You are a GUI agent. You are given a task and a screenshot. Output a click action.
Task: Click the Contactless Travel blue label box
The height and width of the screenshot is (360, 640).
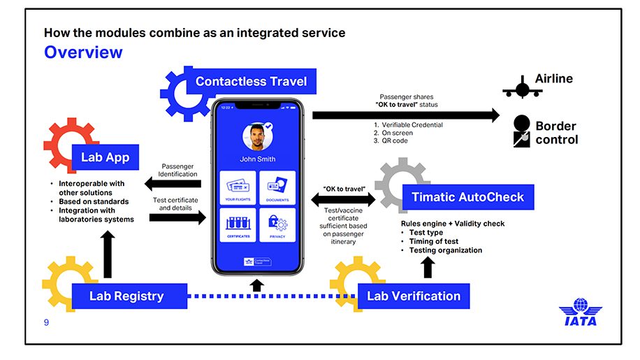coord(251,81)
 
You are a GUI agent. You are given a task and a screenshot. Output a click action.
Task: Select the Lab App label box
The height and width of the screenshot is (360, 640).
coord(105,157)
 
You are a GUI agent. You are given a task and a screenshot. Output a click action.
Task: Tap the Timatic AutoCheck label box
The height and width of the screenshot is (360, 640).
coord(467,197)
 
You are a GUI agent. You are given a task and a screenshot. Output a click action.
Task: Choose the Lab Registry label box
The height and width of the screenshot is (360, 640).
coord(126,296)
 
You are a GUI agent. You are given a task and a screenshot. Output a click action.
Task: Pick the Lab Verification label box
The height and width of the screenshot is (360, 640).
coord(414,296)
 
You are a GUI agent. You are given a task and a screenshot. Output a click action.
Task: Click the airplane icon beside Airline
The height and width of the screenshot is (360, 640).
coord(522,87)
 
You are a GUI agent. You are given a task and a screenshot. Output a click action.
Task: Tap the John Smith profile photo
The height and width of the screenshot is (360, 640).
coord(256,138)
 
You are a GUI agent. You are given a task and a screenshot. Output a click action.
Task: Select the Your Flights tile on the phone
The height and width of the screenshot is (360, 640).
coord(238,188)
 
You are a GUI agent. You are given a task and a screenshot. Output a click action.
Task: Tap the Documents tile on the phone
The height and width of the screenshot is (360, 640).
coord(277,188)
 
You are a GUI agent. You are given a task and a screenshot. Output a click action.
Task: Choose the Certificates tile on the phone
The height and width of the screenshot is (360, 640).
coord(238,225)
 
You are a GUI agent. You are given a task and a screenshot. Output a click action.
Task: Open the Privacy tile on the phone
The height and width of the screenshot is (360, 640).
coord(277,225)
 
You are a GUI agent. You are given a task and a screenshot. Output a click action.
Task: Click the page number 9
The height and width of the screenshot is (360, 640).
coord(47,322)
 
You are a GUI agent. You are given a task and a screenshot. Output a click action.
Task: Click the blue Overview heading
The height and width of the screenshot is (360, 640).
coord(83,52)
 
